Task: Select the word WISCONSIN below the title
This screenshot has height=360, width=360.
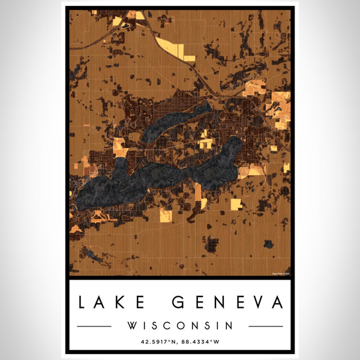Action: [x=180, y=326]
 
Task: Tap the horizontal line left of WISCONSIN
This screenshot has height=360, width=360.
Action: [x=94, y=326]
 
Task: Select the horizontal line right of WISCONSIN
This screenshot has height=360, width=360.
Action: [x=265, y=326]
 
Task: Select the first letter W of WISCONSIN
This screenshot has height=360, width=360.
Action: [x=131, y=326]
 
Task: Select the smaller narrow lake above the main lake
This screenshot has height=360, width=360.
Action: [x=174, y=123]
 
